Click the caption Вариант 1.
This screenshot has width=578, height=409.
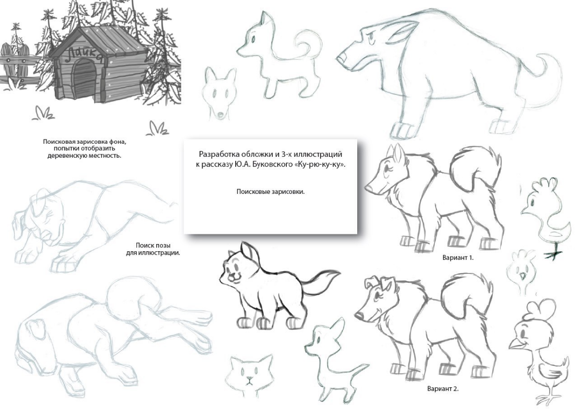point(458,258)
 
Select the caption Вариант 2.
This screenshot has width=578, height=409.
point(443,388)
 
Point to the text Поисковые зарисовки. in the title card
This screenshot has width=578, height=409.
point(270,192)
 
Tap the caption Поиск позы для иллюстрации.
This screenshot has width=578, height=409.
point(153,249)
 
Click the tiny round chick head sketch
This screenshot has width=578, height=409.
point(520,271)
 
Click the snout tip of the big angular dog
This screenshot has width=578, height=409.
point(341,59)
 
